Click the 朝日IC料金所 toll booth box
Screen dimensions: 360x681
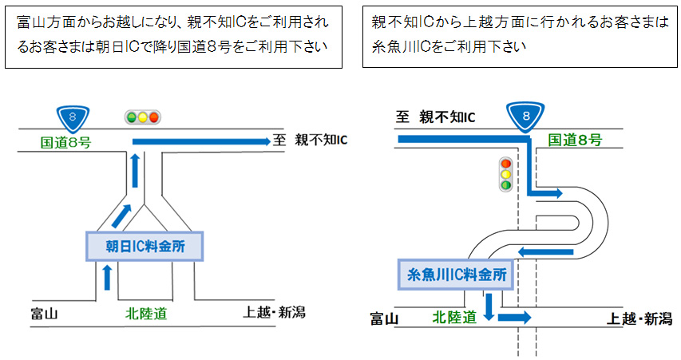[x=145, y=246]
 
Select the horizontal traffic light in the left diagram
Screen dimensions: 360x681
[x=143, y=117]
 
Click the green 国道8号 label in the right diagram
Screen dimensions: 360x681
[x=575, y=140]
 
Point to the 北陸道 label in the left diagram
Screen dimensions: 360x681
[x=146, y=313]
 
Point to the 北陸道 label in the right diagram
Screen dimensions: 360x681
[x=453, y=317]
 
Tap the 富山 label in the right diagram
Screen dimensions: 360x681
[x=384, y=318]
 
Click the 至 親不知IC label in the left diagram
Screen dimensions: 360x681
[x=311, y=140]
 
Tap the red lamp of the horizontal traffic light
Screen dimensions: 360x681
[x=154, y=117]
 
